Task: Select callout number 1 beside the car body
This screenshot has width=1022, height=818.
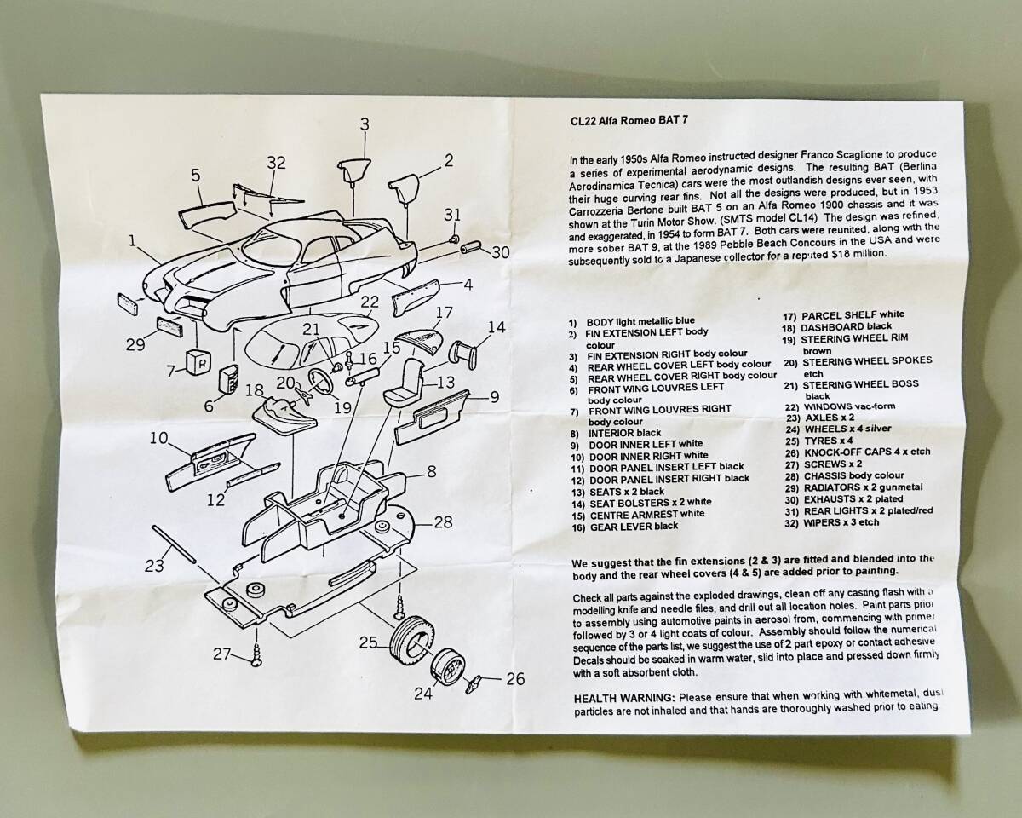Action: click(133, 242)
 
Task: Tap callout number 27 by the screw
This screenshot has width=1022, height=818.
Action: click(222, 654)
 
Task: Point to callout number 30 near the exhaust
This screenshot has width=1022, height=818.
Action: click(500, 251)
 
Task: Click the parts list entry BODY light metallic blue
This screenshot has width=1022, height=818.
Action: click(640, 321)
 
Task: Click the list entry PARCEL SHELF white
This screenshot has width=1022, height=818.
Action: click(841, 314)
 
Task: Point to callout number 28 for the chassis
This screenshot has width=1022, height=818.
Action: click(443, 521)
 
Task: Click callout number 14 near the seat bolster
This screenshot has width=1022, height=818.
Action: click(496, 327)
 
